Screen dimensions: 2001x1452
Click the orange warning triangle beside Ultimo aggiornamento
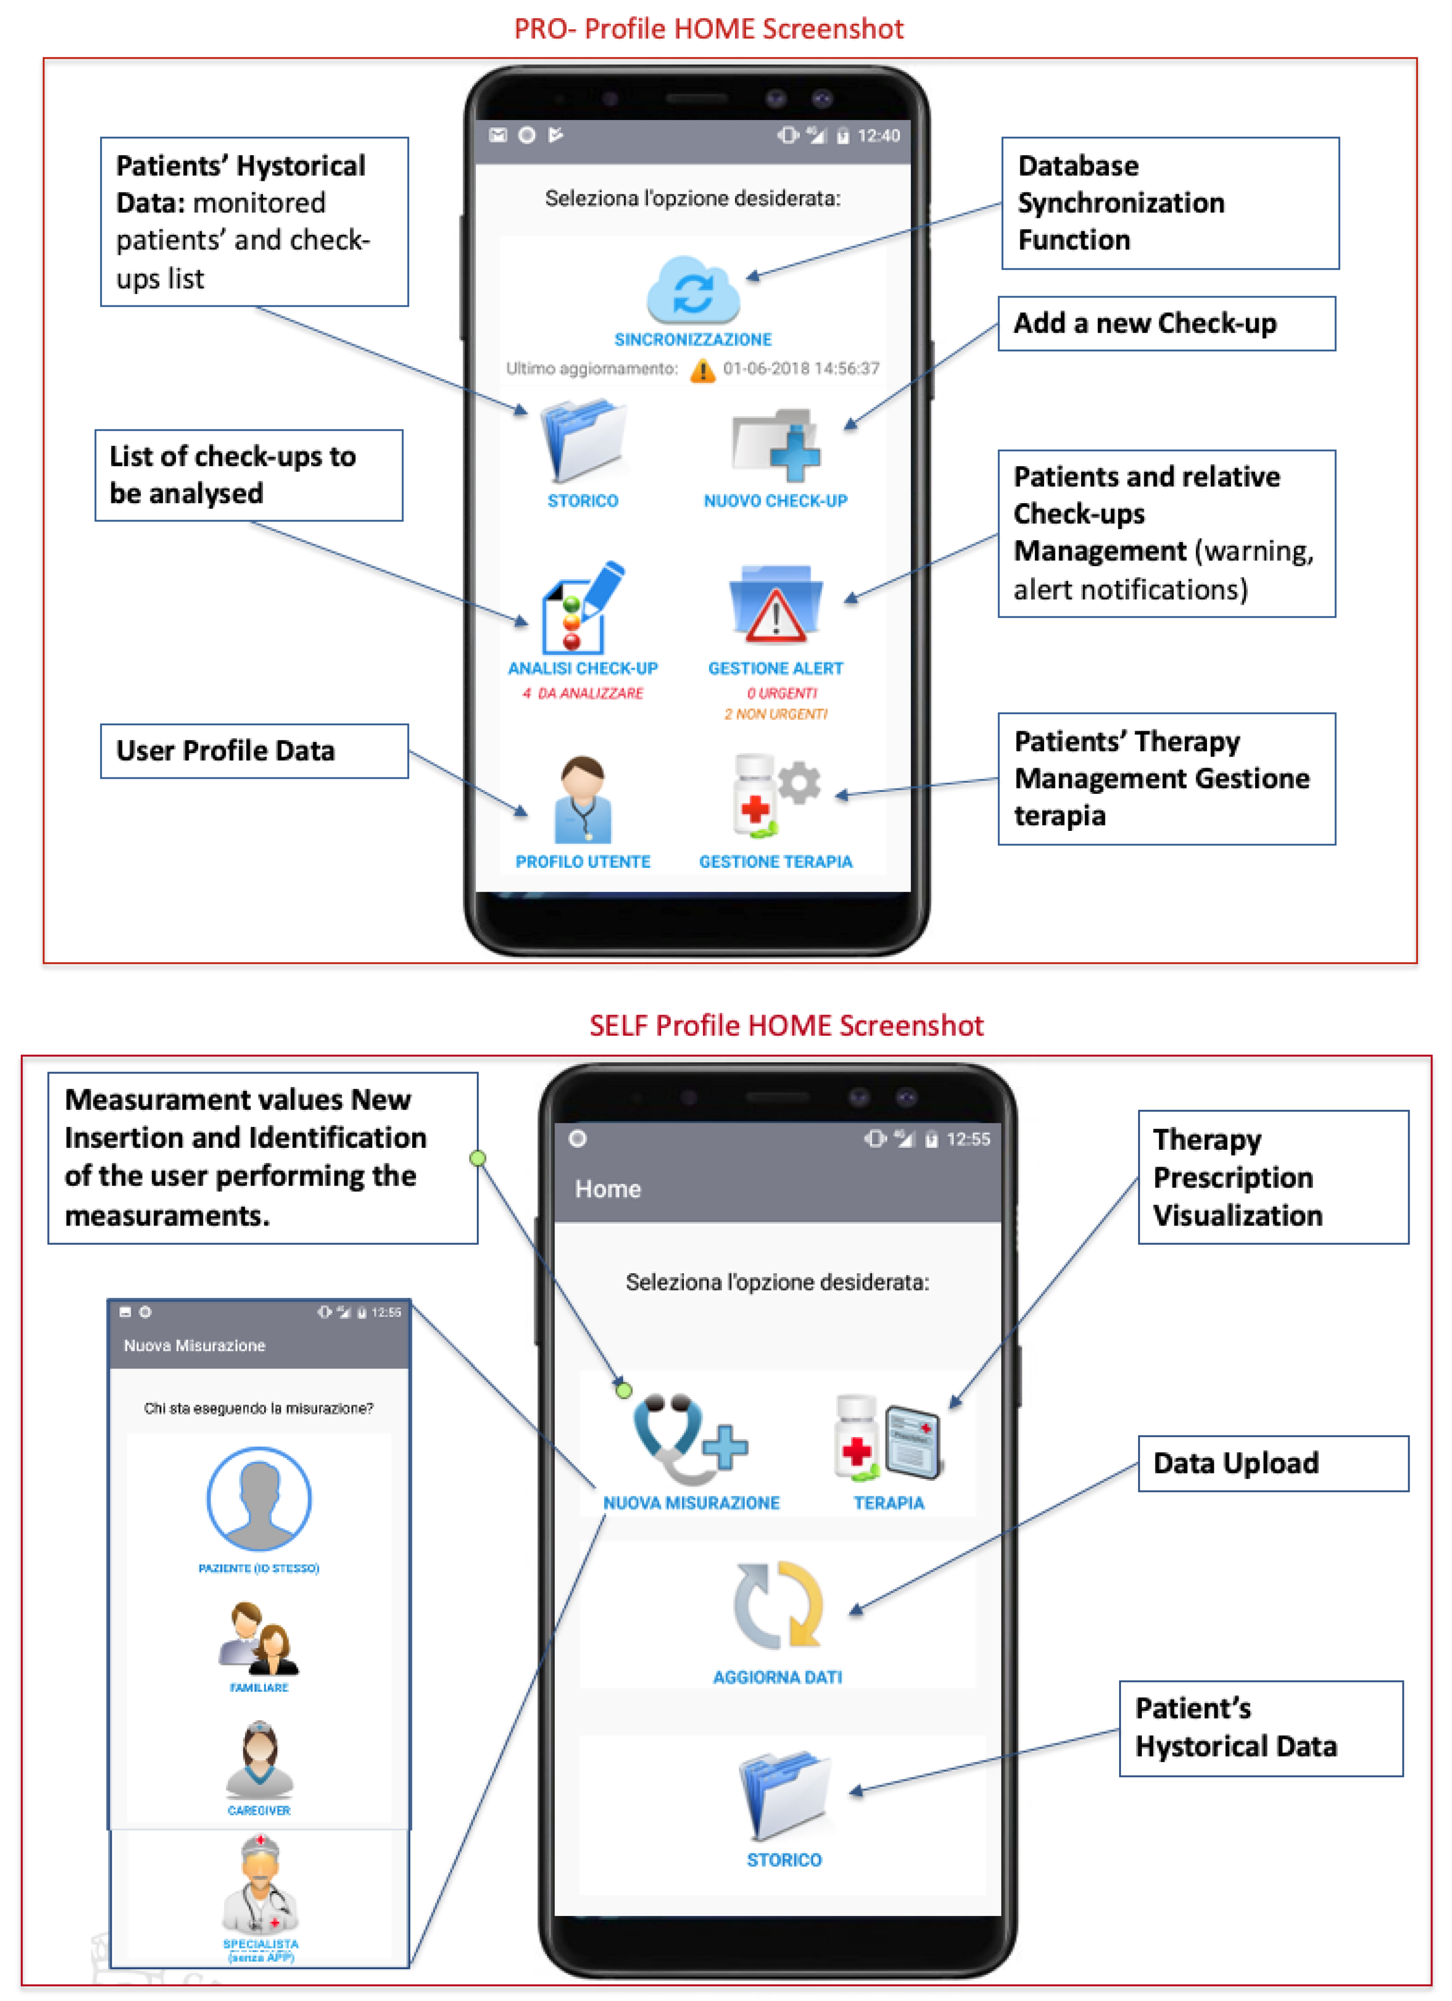pos(702,369)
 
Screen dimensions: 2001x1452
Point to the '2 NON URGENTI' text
pos(775,714)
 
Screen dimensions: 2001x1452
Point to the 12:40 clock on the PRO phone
pos(878,136)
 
